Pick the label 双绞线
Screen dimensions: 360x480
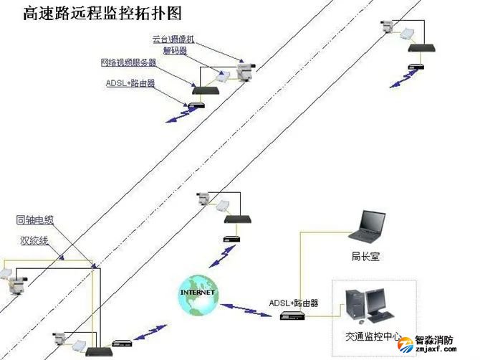coord(34,241)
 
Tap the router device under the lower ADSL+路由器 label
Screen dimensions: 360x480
coord(294,316)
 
